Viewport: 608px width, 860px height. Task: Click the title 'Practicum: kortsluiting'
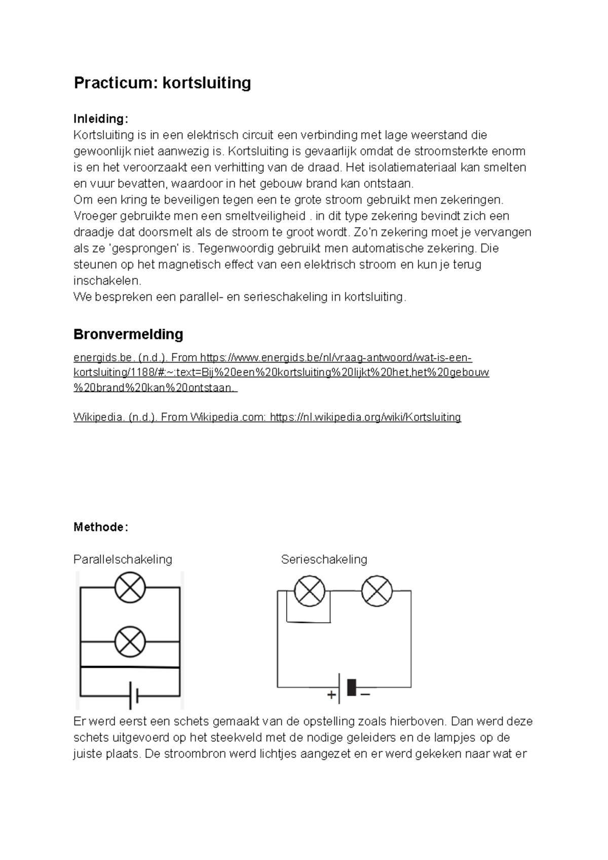click(x=162, y=83)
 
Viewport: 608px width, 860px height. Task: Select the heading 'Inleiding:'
click(x=101, y=119)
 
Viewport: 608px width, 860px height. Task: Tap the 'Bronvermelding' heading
click(x=128, y=334)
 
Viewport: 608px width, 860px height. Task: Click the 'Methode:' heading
click(x=101, y=527)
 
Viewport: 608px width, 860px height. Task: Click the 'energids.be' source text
click(x=99, y=358)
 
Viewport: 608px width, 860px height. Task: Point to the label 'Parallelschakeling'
click(x=123, y=559)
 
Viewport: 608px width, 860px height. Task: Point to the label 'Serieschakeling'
click(x=324, y=559)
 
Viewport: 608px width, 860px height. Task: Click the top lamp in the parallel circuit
click(x=130, y=588)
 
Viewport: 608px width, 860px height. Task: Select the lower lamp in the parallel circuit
click(x=130, y=641)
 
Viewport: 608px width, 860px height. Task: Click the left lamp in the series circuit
click(x=310, y=591)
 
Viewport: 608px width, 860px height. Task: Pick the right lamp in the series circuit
click(x=376, y=591)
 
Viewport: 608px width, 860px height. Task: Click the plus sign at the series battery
click(x=332, y=695)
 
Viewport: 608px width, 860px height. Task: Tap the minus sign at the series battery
click(x=365, y=694)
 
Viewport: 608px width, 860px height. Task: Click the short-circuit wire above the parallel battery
click(x=130, y=668)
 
